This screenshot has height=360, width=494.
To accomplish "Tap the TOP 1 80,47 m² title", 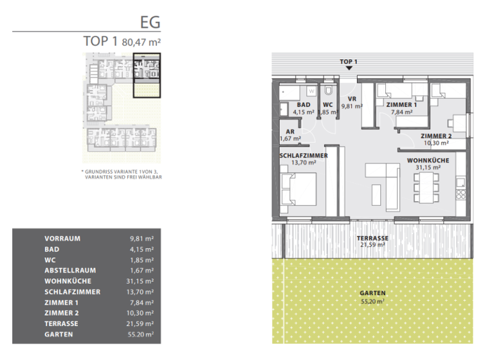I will click(x=122, y=41).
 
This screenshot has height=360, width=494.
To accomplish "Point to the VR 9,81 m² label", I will click(x=352, y=102).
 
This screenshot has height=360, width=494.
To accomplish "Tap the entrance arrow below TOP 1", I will click(x=349, y=67).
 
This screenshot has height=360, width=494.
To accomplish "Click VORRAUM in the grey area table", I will click(x=62, y=239).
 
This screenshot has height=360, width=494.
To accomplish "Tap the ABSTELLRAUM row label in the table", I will click(x=71, y=271).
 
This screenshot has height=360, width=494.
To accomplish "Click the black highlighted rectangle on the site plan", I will click(x=147, y=75).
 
